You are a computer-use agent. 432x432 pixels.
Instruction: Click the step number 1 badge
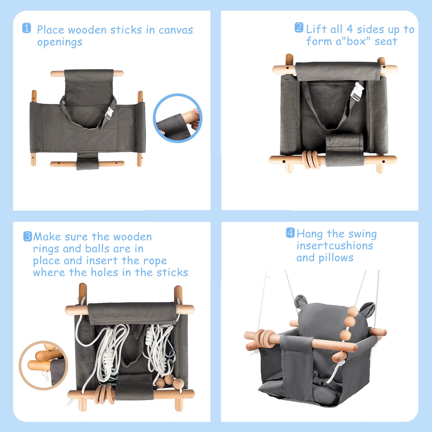26,28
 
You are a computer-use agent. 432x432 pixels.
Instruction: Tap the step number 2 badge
299,28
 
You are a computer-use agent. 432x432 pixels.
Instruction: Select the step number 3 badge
28,237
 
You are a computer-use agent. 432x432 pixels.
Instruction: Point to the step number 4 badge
290,233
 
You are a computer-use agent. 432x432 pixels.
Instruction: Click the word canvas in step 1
176,30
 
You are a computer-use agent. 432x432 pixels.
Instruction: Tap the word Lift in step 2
316,29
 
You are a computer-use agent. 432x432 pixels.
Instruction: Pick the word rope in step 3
155,261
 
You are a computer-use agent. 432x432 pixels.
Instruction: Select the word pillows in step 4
336,258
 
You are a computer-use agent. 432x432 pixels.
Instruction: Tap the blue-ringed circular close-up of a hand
177,118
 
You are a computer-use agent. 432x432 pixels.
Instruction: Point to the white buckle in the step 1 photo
109,113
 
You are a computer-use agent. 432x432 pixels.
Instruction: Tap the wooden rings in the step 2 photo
312,160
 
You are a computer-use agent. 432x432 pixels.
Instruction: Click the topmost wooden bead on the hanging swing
352,311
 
